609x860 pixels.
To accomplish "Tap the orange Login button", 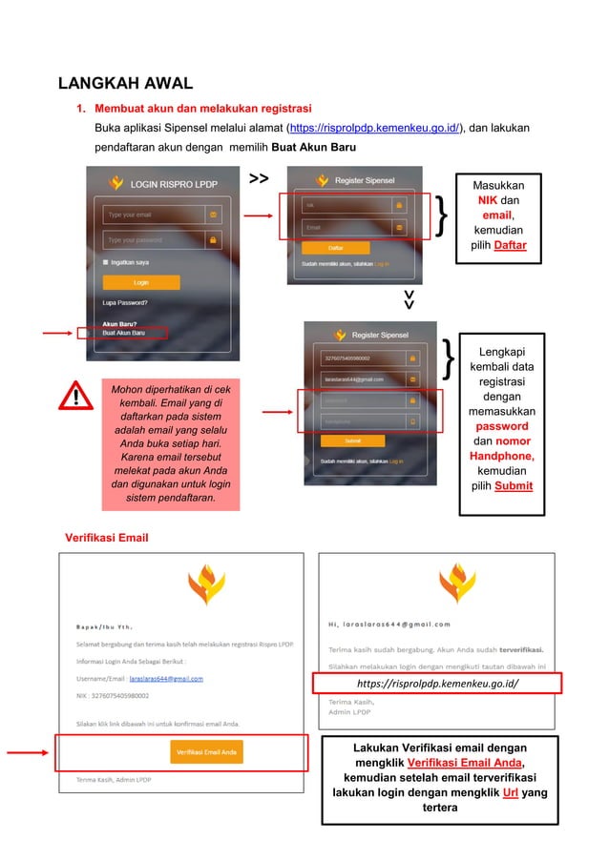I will point(141,282).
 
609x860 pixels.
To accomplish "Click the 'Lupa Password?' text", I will point(125,303).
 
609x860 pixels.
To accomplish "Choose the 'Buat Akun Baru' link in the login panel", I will point(124,333).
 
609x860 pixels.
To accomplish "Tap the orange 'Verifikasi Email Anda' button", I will point(206,750).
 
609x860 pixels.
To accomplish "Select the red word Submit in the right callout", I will point(508,486).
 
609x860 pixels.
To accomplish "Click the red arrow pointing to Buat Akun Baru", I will point(56,333).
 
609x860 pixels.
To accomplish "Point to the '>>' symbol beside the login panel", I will point(258,178).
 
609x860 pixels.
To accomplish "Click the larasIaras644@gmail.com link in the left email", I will point(166,679).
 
